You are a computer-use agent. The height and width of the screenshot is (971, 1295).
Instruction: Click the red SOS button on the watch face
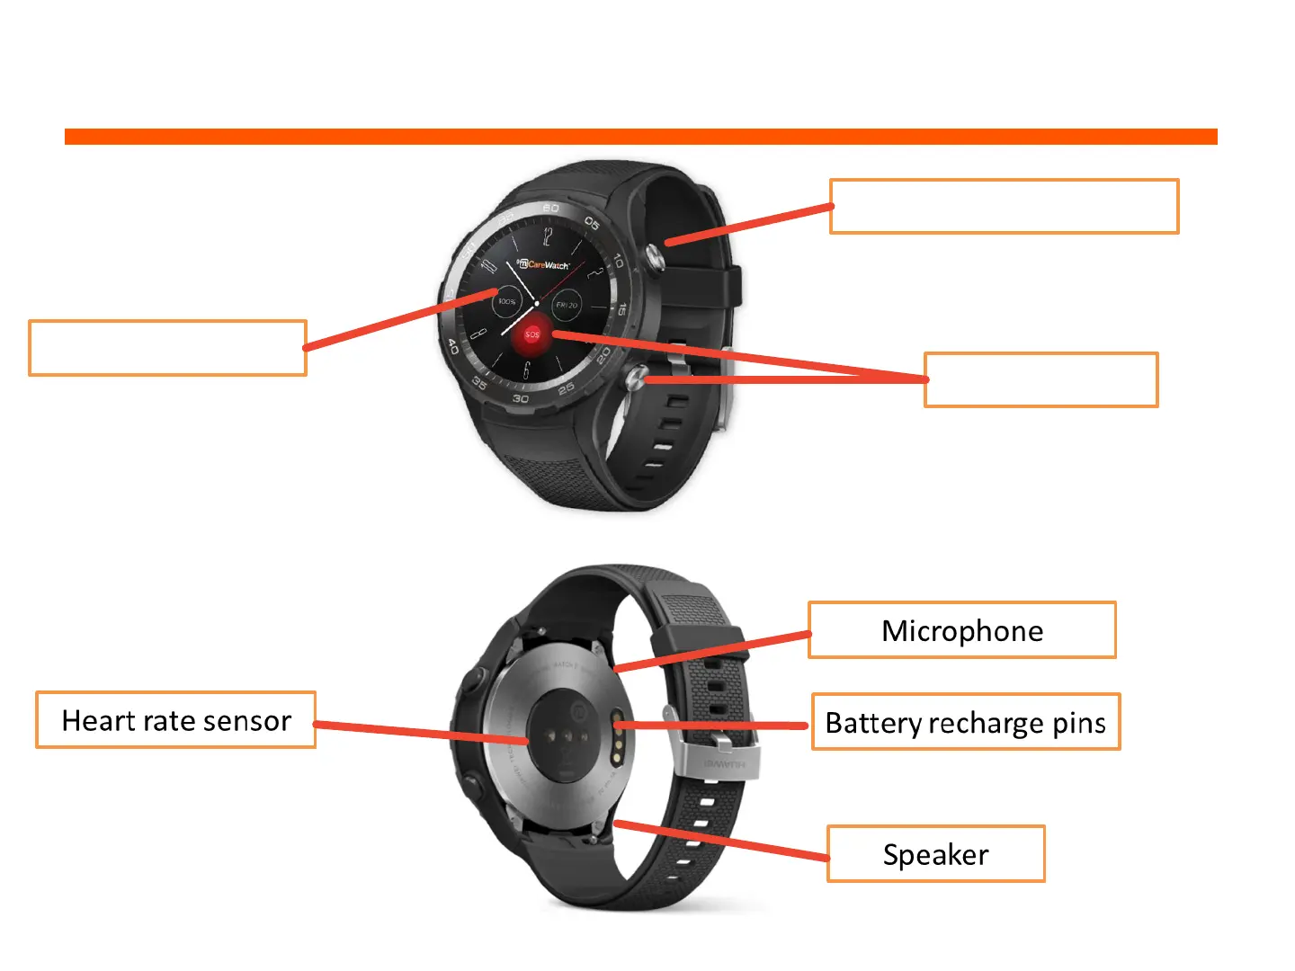(x=532, y=334)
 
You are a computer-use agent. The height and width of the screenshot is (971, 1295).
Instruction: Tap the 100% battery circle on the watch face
(x=507, y=302)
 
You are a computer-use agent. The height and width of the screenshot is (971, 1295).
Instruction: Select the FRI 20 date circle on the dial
(x=567, y=306)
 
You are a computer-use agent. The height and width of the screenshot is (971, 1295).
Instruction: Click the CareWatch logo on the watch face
(x=545, y=264)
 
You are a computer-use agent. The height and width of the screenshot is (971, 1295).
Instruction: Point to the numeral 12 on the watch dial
(x=547, y=237)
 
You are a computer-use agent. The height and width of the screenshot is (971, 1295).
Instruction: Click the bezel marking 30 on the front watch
(x=521, y=398)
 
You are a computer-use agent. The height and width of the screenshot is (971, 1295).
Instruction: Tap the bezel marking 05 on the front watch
(x=592, y=222)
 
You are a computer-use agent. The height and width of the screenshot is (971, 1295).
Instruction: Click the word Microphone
(x=962, y=631)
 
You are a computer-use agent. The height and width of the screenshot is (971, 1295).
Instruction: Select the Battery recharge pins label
(x=966, y=723)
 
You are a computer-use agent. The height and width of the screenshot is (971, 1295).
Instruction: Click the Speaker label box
(x=935, y=854)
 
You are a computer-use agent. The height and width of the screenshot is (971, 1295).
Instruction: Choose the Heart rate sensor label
(x=176, y=720)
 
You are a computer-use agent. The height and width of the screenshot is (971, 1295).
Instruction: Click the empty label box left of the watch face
(x=168, y=348)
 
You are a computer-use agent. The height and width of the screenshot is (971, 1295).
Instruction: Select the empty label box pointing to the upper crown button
(x=1004, y=207)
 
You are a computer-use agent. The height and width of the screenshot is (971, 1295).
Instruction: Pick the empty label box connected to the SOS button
(x=1041, y=380)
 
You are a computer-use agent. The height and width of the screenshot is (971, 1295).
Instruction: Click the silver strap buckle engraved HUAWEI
(x=724, y=757)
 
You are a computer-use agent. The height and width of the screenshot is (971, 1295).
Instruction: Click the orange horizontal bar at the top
(x=640, y=137)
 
